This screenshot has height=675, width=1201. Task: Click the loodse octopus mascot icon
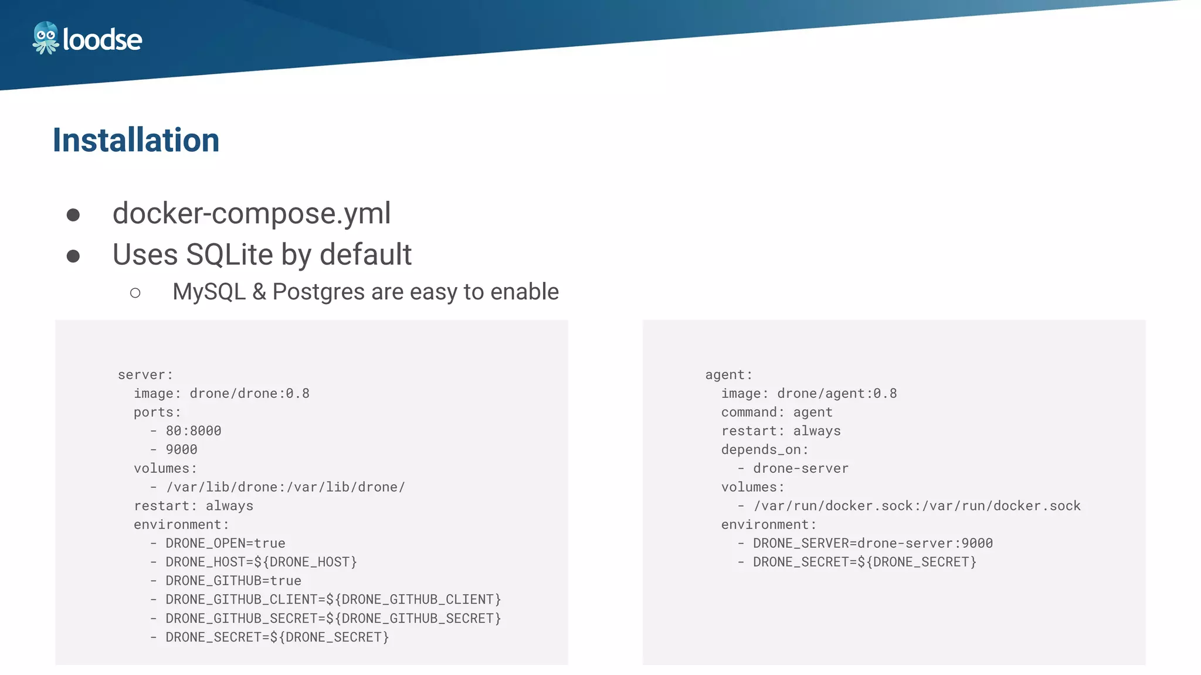click(x=45, y=38)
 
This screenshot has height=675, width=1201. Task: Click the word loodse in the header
click(x=102, y=40)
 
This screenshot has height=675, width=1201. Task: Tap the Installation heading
click(x=136, y=140)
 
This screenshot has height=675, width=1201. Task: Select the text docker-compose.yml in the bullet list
click(x=251, y=213)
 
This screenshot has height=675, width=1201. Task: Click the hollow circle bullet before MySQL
click(x=135, y=293)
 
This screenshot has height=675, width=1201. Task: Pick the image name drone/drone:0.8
click(x=249, y=394)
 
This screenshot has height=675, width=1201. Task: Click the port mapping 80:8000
click(x=194, y=431)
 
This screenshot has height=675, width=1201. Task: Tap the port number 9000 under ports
click(x=181, y=450)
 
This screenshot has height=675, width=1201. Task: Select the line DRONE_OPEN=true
click(x=225, y=544)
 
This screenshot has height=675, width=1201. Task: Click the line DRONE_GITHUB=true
click(x=233, y=581)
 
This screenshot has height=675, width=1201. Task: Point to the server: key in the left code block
click(x=145, y=375)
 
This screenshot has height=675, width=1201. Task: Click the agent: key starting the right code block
click(x=728, y=375)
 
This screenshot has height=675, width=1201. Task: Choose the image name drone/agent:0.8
click(x=837, y=394)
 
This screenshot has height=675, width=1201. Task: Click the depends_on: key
click(x=765, y=450)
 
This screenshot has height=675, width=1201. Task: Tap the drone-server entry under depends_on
click(x=800, y=469)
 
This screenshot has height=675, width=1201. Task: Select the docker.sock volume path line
click(x=917, y=506)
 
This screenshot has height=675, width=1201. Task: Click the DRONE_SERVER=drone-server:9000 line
click(x=873, y=544)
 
